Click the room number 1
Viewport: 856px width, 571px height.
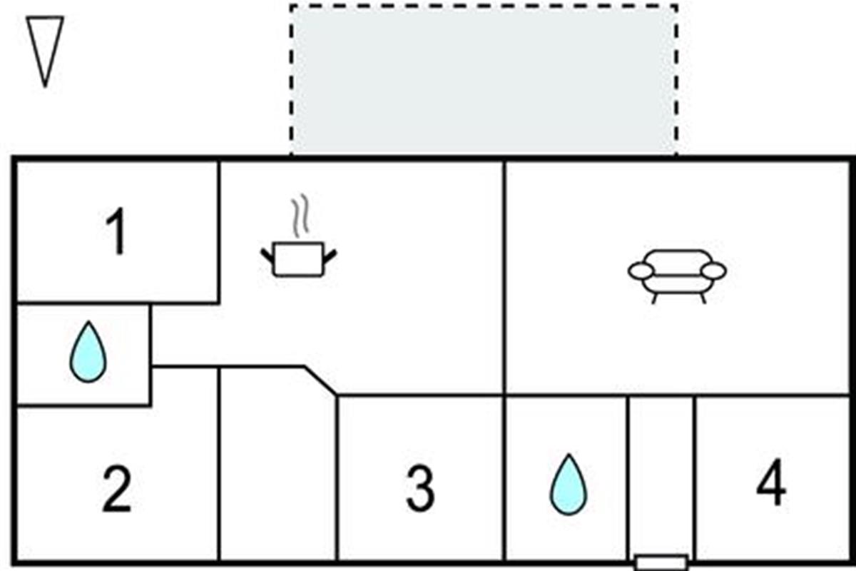click(117, 231)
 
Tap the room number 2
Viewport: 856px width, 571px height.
click(117, 489)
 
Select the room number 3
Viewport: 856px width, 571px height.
click(420, 489)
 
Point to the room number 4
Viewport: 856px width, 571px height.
click(771, 482)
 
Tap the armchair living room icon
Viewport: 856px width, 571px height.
click(677, 276)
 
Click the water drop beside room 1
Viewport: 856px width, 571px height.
click(88, 353)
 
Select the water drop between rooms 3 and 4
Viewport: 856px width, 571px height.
click(569, 485)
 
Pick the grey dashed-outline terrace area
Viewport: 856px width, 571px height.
click(484, 81)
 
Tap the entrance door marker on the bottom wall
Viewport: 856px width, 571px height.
click(661, 562)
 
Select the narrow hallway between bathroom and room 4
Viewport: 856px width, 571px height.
click(661, 476)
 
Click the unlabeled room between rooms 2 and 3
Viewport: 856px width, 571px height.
click(278, 465)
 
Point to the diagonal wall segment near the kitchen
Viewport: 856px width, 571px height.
click(321, 380)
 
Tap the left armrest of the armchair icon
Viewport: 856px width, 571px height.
click(641, 271)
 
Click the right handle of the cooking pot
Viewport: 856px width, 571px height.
click(330, 257)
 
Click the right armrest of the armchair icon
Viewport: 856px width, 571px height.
click(713, 271)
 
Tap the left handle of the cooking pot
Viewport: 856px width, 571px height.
click(268, 256)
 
